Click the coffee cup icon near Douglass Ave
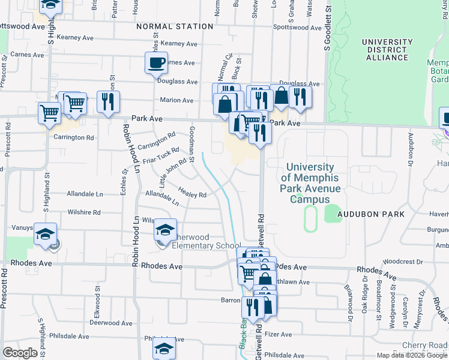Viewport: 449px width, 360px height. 156,62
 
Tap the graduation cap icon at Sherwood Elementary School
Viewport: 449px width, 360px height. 166,230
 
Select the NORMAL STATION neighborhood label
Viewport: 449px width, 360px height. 175,26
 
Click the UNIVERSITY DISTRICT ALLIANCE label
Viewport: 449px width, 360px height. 387,50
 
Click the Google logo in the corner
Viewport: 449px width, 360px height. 20,353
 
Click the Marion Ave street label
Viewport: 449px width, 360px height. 176,100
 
